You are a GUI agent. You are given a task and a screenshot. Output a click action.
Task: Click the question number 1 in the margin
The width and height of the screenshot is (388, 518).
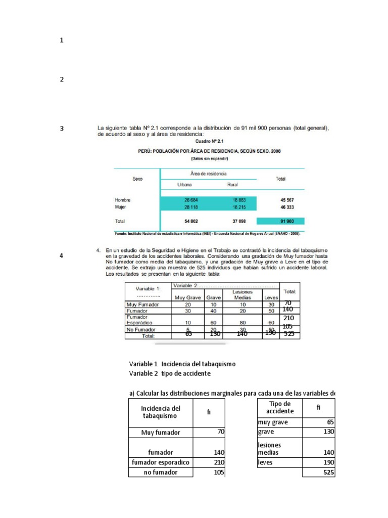coord(62,40)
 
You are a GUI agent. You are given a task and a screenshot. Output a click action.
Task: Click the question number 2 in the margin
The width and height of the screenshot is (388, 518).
coord(62,79)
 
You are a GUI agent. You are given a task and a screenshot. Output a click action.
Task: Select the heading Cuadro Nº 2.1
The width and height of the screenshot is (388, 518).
coord(210,142)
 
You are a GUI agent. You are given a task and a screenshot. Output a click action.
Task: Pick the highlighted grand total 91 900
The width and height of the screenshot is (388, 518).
coord(281,221)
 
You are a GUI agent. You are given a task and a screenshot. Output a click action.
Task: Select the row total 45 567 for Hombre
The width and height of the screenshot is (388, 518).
coord(281,200)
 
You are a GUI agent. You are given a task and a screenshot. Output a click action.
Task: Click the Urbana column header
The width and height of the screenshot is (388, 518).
coord(184,185)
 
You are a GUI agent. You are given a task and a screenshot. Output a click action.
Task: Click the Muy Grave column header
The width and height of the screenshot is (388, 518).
coord(187,297)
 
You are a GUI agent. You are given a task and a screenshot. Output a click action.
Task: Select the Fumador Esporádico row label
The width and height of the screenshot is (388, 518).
coord(138,319)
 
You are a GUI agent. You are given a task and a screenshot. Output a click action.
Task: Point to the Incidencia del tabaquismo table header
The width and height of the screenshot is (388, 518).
coord(160,412)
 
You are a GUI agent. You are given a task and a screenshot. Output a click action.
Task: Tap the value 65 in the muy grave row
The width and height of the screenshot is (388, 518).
coord(330,422)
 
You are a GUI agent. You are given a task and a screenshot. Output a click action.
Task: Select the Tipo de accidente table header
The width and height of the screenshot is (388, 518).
coord(279,407)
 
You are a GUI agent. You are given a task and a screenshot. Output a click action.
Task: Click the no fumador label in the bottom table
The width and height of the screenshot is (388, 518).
coord(160,472)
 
